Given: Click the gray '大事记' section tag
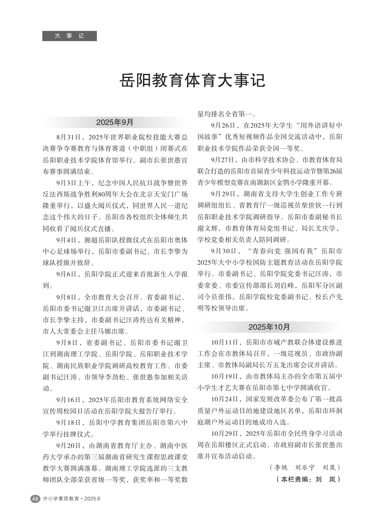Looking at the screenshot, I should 69,36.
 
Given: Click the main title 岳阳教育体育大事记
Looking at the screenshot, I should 192,80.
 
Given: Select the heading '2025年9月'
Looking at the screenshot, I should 115,122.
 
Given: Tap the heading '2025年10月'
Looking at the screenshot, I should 269,327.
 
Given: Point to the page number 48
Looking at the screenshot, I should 35,499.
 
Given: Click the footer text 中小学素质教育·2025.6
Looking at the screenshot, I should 72,499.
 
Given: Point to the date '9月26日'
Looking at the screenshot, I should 223,126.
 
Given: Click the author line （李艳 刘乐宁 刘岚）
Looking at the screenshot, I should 305,467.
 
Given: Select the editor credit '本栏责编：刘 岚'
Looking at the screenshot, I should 308,479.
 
